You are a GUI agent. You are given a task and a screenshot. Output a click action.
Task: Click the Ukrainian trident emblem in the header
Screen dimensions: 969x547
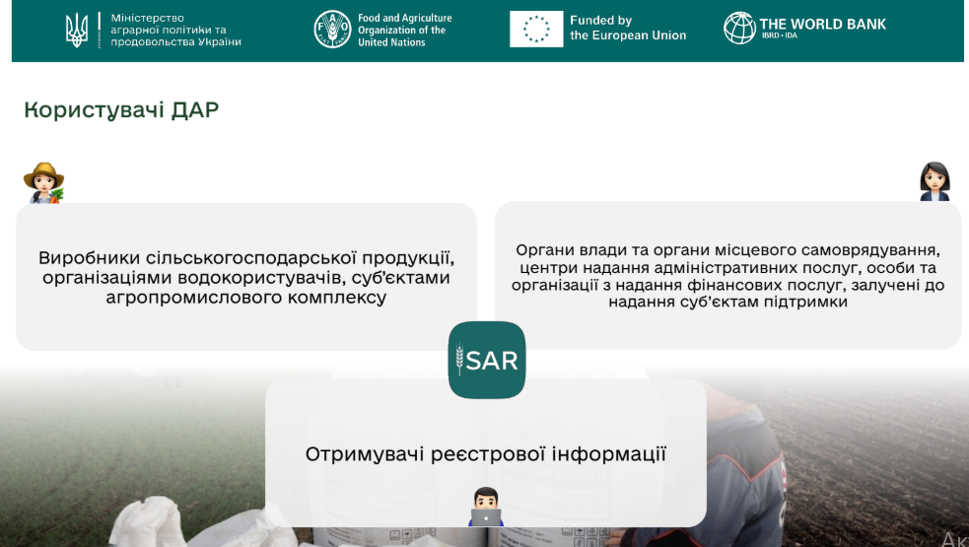coord(77,31)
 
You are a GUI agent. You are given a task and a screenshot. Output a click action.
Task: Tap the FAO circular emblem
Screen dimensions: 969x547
coord(332,30)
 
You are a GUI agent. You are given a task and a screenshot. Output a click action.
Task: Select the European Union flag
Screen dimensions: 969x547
coord(536,29)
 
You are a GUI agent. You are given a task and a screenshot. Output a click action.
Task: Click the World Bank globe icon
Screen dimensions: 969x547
coord(739,29)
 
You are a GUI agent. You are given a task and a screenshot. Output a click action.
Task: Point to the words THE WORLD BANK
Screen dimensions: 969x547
coord(822,24)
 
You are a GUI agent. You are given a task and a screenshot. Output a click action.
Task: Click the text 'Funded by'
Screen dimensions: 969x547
coord(600,21)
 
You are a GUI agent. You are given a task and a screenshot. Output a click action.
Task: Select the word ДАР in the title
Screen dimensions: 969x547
coord(194,110)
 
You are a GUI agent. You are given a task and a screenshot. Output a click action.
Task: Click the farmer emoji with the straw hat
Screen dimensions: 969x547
coord(44,183)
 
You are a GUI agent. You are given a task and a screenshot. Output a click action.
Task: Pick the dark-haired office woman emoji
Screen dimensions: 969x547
coord(934,181)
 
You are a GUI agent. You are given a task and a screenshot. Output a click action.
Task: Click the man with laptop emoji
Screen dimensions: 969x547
coord(486,507)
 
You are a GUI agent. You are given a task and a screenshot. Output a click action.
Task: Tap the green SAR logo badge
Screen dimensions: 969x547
coord(487,360)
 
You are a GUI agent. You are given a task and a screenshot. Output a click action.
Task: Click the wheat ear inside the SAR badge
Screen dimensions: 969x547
coord(459,360)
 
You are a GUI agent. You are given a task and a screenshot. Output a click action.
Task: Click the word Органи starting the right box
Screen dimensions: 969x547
coord(541,250)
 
